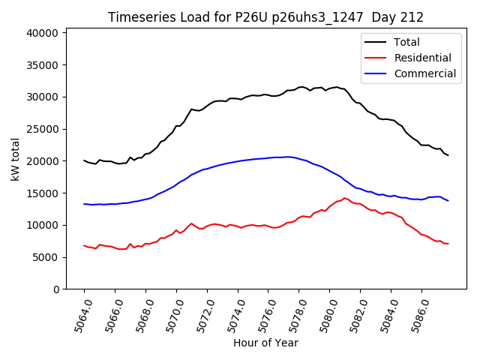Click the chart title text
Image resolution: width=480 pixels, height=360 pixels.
265,17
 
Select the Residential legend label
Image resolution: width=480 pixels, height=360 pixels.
423,58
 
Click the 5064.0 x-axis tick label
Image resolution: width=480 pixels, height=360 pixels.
79,315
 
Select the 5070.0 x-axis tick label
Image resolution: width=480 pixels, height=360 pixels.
171,315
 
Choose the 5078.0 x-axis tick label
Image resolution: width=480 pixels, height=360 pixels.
293,315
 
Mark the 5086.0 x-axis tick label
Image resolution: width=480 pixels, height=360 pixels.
416,315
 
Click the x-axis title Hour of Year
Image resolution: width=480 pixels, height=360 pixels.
265,343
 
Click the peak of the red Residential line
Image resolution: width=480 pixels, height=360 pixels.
344,198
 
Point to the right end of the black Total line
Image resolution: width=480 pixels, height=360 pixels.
448,155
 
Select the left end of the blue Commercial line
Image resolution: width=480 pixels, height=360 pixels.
84,204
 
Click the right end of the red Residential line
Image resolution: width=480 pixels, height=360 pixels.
448,244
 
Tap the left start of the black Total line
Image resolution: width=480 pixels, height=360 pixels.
84,160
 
